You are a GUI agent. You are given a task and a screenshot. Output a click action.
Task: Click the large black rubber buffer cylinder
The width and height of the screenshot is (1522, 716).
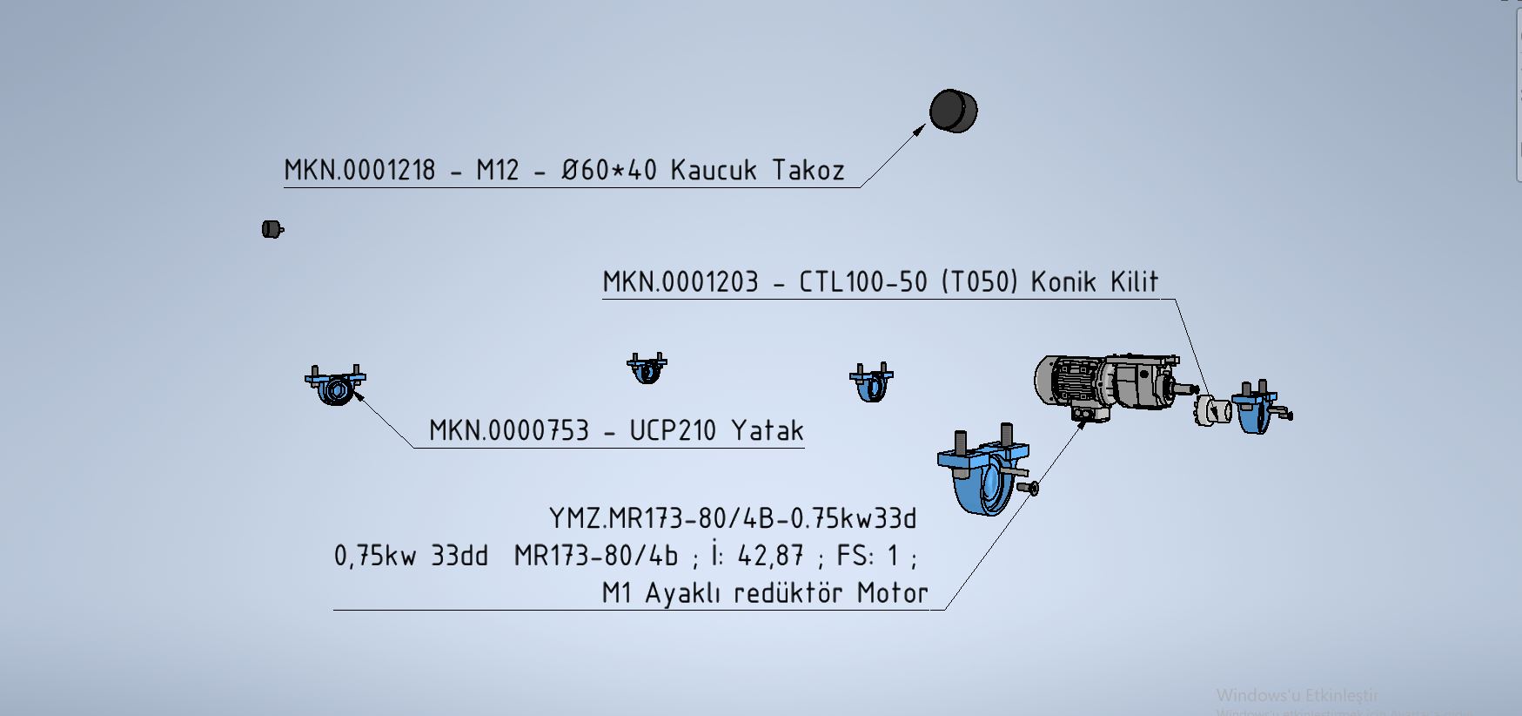point(953,111)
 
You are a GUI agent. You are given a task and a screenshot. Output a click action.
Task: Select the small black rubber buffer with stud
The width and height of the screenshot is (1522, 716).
point(272,229)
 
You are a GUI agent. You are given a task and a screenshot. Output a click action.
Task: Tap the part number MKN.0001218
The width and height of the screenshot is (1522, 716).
point(359,170)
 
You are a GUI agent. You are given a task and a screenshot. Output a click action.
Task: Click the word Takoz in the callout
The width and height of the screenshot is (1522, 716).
point(808,170)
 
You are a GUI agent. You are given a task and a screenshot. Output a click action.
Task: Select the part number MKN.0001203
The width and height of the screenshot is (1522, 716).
point(681,282)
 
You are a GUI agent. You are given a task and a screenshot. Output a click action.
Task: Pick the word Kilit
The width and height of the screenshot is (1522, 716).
point(1134,282)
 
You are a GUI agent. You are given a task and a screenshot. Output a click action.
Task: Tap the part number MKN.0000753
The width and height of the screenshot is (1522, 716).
point(509,430)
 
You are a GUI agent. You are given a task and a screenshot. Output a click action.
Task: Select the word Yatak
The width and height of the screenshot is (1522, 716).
point(767,430)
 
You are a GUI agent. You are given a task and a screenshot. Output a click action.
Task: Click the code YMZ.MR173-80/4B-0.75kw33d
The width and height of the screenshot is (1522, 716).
point(733,519)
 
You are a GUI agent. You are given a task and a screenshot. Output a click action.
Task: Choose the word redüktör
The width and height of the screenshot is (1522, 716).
point(788,593)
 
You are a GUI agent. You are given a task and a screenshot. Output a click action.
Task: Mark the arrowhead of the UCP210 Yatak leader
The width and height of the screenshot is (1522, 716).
point(358,397)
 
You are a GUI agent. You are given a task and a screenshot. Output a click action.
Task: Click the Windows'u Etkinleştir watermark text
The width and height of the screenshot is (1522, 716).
point(1297,695)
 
